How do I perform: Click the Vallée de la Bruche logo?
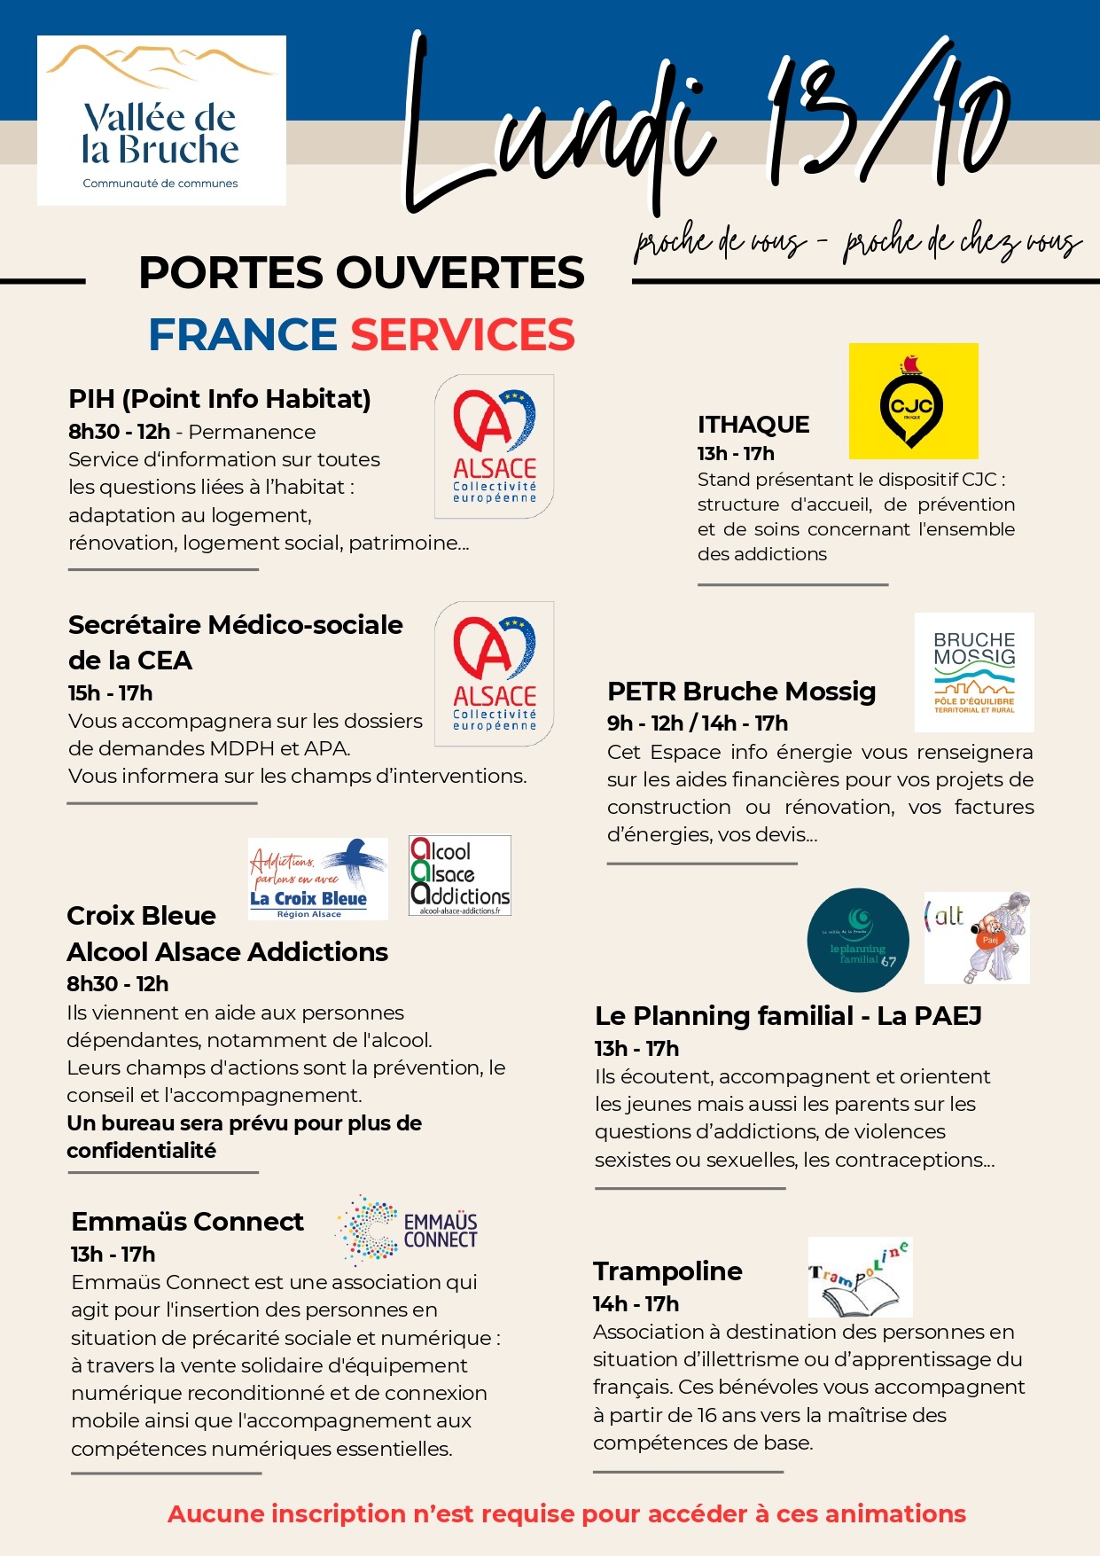(x=161, y=120)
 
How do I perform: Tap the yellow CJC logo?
(x=913, y=401)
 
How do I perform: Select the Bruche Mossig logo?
(x=974, y=671)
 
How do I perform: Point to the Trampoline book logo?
(x=860, y=1277)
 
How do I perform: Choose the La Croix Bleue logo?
(x=317, y=878)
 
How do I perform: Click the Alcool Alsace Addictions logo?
(x=459, y=875)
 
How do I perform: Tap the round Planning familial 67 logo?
(x=857, y=940)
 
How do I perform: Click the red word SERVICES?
(x=463, y=334)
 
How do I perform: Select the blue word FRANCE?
(x=242, y=334)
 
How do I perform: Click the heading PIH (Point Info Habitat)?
(x=220, y=399)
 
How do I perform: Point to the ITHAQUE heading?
(x=753, y=425)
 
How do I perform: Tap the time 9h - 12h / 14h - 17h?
(x=698, y=723)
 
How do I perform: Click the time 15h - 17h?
(x=111, y=693)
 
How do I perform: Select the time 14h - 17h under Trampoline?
(x=636, y=1304)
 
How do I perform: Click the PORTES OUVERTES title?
(x=362, y=272)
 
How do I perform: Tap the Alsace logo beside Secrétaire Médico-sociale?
(x=494, y=673)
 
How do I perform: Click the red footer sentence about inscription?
(x=566, y=1513)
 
